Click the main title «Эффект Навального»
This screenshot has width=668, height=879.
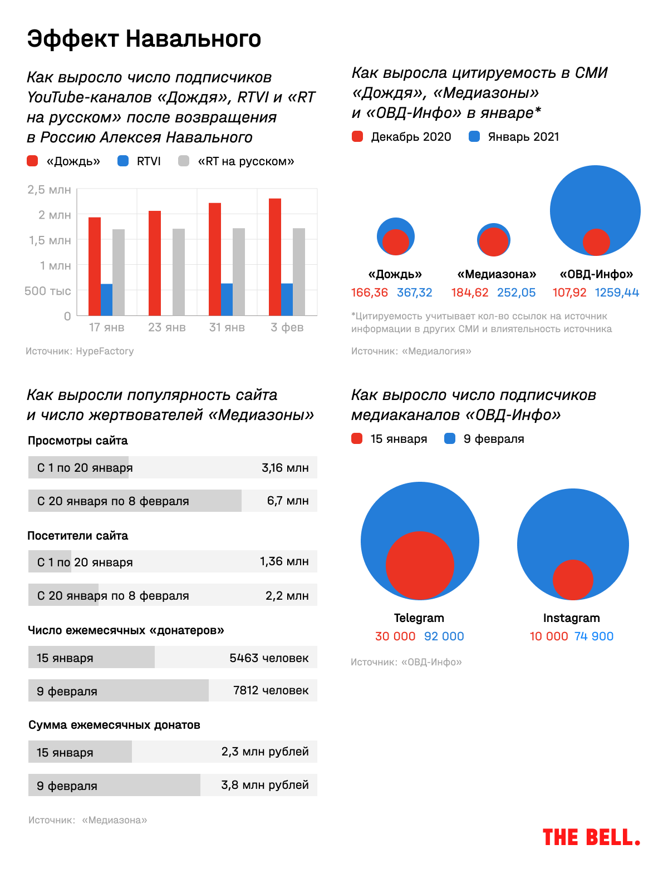coord(144,39)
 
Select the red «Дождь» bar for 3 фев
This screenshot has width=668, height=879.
coord(275,257)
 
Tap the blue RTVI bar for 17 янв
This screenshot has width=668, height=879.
coord(106,300)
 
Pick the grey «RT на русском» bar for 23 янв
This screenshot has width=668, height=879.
coord(179,272)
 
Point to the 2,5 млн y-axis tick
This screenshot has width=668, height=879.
coord(50,190)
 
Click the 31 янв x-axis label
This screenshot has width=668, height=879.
coord(227,328)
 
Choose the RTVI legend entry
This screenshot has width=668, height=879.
coord(140,161)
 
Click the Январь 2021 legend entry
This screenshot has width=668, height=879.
coord(514,137)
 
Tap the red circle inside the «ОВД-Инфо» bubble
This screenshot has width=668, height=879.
coord(596,242)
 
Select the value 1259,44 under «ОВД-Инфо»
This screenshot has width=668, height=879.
coord(617,293)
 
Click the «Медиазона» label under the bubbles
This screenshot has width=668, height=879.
coord(497,274)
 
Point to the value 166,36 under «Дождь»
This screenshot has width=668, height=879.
coord(370,293)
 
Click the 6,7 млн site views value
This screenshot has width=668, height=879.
coord(288,501)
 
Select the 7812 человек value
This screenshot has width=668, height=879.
coord(271,690)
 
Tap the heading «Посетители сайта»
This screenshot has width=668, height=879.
coord(78,536)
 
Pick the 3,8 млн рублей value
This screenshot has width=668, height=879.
coord(265,785)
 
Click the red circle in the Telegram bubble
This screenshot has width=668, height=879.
coord(420,566)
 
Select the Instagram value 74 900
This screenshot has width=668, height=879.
coord(594,636)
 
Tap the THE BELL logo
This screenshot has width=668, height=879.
coord(591,837)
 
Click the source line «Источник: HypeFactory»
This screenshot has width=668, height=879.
coord(80,351)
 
